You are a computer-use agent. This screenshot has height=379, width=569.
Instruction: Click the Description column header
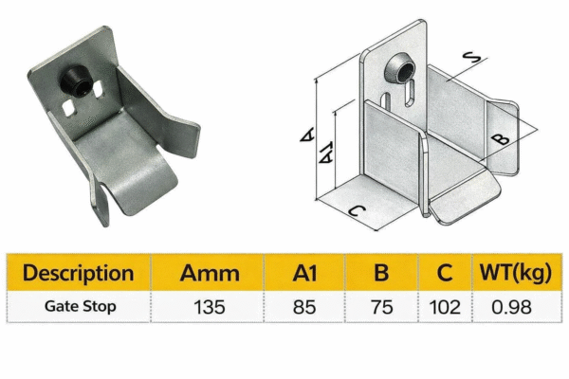pos(79,273)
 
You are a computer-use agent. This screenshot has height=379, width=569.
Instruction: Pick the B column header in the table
pos(381,273)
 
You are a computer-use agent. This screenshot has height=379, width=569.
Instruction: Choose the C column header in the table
pos(444,273)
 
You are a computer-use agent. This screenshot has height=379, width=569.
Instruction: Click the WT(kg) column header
pos(512,273)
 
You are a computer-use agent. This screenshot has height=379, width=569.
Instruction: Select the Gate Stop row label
pos(79,307)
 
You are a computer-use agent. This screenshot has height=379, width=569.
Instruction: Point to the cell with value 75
pos(381,307)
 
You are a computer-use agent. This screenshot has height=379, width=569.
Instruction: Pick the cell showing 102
pos(444,307)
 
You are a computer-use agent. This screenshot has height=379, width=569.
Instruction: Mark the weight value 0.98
pos(512,307)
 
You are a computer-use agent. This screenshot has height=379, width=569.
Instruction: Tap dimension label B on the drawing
pos(503,137)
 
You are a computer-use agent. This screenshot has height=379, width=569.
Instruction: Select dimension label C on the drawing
pos(351,213)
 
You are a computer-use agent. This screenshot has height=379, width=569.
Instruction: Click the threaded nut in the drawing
pos(397,70)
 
